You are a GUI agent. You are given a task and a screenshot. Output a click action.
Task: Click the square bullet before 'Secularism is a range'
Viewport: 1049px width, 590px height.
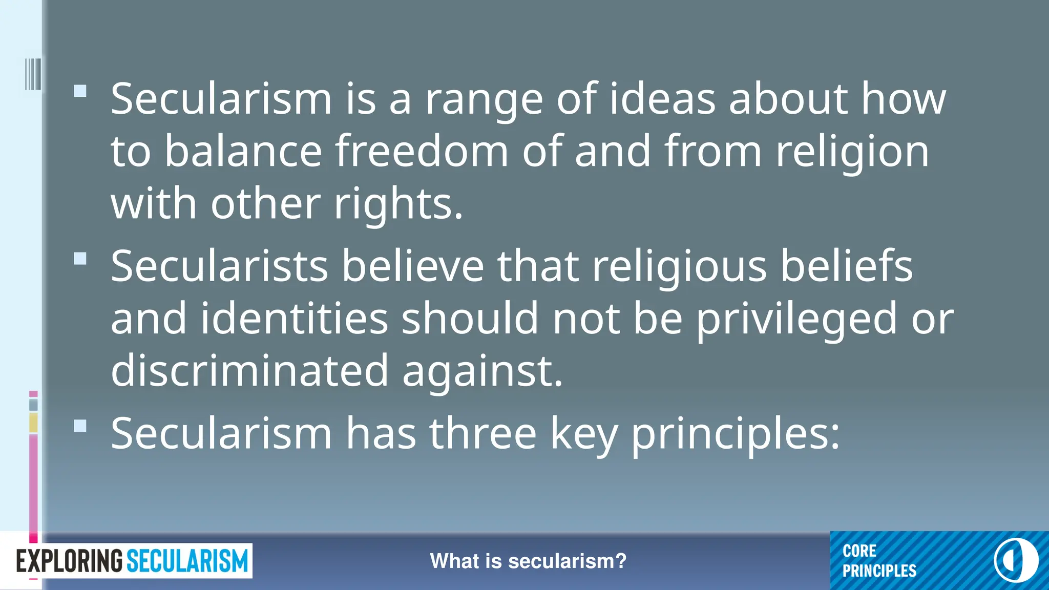(x=80, y=91)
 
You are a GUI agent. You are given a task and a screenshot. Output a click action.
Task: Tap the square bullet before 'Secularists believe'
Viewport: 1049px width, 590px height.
(x=80, y=259)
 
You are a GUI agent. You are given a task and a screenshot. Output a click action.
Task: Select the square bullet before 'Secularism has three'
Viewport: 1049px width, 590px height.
(x=80, y=426)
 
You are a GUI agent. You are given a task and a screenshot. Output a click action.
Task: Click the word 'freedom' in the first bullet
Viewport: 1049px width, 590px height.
(x=422, y=151)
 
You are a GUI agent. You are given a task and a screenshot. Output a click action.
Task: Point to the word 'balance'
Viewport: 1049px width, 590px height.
(x=243, y=151)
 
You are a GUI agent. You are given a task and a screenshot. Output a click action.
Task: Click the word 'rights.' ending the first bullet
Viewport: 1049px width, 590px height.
(x=398, y=204)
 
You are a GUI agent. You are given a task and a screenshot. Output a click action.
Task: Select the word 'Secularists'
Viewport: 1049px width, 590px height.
(x=219, y=266)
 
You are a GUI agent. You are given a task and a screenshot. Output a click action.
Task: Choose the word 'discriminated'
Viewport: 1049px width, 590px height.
(x=249, y=370)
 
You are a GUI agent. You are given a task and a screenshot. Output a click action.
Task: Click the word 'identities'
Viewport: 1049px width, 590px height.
(x=294, y=319)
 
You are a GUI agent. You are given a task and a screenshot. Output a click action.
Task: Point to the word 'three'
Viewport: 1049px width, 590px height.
(x=482, y=434)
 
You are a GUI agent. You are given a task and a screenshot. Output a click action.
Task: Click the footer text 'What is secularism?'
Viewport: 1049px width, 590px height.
(x=528, y=561)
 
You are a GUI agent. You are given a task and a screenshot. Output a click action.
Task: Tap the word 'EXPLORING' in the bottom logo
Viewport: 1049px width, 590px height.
(x=70, y=561)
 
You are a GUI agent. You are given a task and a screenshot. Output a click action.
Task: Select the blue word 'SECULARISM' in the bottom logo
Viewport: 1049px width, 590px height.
(x=187, y=561)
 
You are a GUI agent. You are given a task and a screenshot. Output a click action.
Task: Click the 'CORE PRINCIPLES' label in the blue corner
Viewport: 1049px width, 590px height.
(x=879, y=561)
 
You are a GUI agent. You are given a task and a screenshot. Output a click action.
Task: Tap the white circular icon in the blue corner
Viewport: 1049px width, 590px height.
(x=1016, y=560)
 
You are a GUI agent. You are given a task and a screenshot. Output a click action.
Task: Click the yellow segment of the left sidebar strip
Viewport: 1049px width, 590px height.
(x=33, y=423)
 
